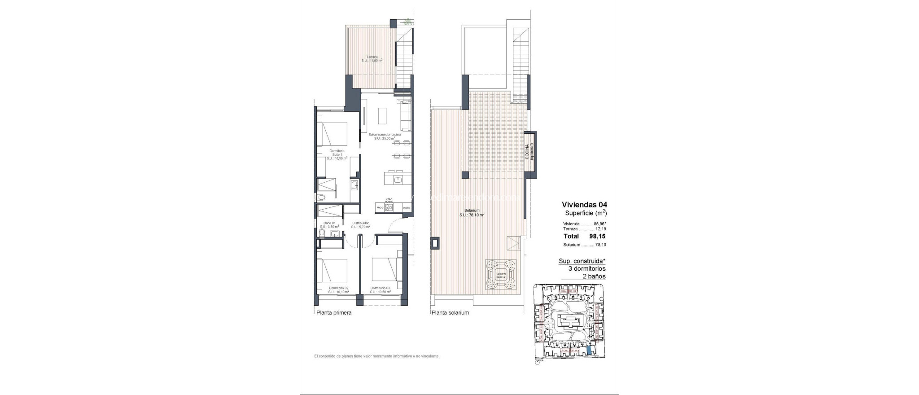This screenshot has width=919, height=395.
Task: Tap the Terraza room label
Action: click(x=372, y=58)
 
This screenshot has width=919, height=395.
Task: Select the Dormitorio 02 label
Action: click(x=338, y=290)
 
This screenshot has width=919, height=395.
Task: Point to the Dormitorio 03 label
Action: click(x=381, y=290)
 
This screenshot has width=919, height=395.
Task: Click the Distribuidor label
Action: click(x=360, y=224)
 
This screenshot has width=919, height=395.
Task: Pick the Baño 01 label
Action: click(x=329, y=224)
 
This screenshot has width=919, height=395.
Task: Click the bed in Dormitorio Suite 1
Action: click(x=333, y=134)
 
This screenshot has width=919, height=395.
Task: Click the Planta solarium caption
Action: click(x=450, y=313)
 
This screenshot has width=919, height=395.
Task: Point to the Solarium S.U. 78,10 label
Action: click(x=472, y=213)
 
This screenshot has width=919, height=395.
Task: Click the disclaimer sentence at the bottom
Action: click(x=376, y=356)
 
